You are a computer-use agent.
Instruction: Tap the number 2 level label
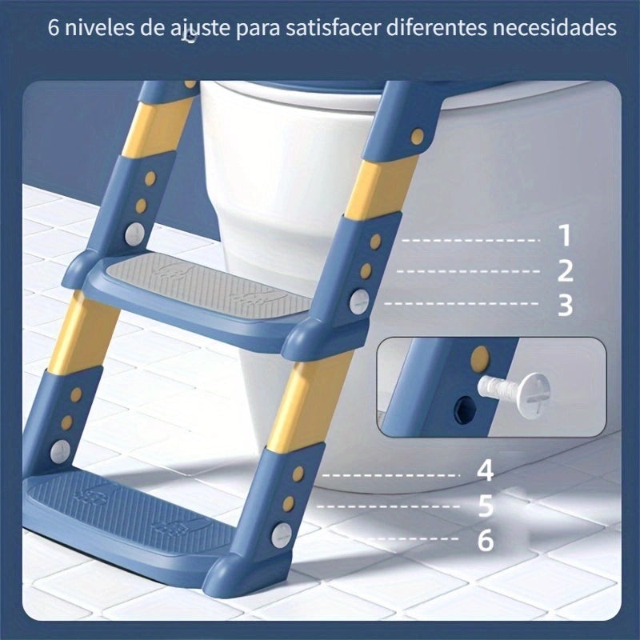pos(565,270)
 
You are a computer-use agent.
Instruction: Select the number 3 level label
pos(565,305)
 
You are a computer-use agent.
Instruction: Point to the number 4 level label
pos(486,470)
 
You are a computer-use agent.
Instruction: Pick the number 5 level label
pos(486,506)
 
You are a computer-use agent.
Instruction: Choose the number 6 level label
pos(486,540)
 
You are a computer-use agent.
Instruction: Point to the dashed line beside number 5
pos(388,506)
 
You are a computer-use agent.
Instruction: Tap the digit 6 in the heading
pos(54,30)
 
